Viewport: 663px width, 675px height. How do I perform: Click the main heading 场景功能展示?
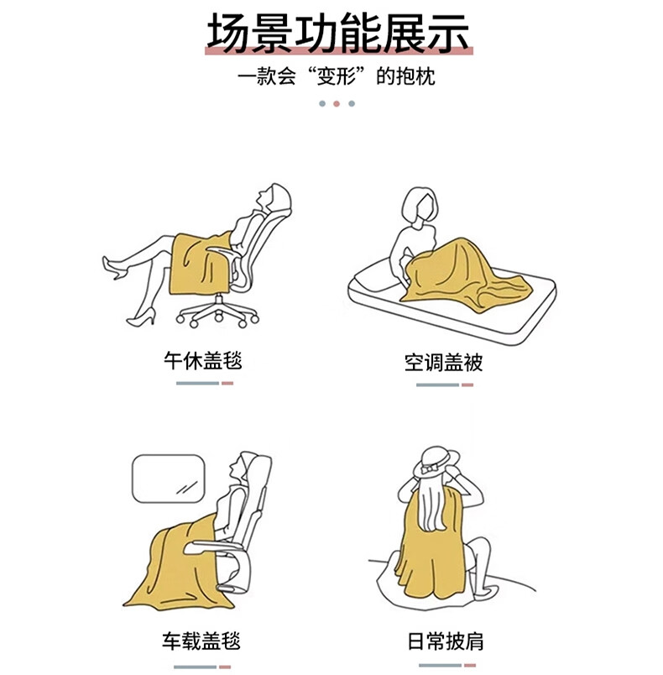[x=337, y=33]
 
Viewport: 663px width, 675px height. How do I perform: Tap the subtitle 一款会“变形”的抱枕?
[x=336, y=76]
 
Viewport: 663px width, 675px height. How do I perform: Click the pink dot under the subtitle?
[x=337, y=104]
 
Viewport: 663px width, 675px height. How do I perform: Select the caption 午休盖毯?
[x=202, y=361]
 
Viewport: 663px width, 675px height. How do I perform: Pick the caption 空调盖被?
[x=443, y=363]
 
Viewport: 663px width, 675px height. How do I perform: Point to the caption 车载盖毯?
[x=201, y=641]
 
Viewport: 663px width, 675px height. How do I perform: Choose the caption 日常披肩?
[x=446, y=641]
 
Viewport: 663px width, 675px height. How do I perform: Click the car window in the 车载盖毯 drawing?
[x=168, y=479]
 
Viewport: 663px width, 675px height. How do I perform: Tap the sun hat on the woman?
[x=436, y=463]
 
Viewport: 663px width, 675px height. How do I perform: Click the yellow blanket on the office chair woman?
[x=198, y=264]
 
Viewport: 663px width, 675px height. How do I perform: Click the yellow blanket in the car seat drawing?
[x=176, y=568]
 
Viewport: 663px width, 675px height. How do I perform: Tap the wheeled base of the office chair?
[x=217, y=313]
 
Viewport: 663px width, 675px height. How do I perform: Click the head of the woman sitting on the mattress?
[x=420, y=206]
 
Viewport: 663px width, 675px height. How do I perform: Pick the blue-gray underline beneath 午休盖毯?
[x=197, y=383]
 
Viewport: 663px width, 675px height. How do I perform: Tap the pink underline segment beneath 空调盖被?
[x=467, y=385]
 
